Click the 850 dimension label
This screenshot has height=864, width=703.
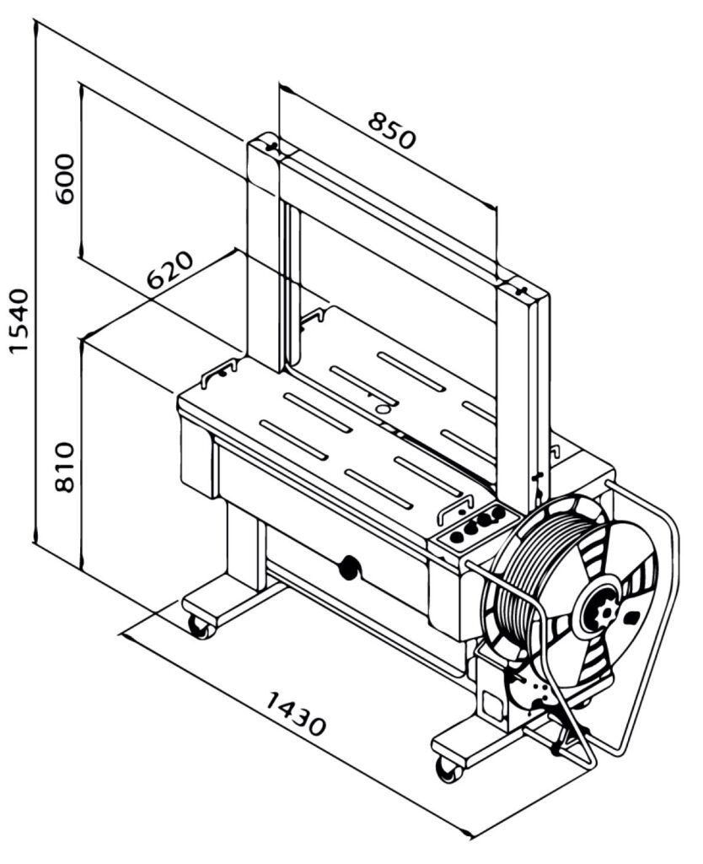tap(391, 131)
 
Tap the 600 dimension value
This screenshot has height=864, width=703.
tap(65, 179)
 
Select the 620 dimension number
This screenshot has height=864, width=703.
tap(170, 271)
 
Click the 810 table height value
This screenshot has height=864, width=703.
tap(64, 467)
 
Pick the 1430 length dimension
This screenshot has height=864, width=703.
tap(296, 714)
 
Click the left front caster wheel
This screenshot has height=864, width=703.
tap(200, 626)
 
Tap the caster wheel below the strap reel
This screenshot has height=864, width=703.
tap(449, 769)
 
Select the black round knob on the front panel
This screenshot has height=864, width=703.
tap(348, 567)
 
